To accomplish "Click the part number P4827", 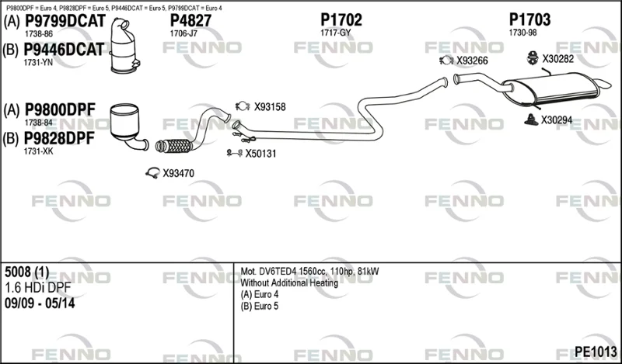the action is point(190,21).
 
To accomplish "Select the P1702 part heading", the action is point(341,20).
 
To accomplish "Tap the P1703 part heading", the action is point(529,20).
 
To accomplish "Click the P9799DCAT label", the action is point(65,21).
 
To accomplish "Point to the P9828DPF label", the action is point(60,138).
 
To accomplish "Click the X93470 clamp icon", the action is point(152,173).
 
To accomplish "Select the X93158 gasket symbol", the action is point(243,106).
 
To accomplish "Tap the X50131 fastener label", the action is point(260,154).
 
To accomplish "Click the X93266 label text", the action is point(472,61).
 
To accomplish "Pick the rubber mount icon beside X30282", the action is point(532,58).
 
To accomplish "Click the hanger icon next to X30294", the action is point(531,120).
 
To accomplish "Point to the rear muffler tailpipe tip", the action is point(604,83).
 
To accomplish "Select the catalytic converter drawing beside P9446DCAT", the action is point(124,47).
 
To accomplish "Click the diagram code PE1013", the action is point(596,352).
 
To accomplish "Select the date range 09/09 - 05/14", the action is point(40,303).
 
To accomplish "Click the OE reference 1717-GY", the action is point(336,33).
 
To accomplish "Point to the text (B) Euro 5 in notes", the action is point(260,306).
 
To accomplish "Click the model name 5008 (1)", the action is point(27,272).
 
